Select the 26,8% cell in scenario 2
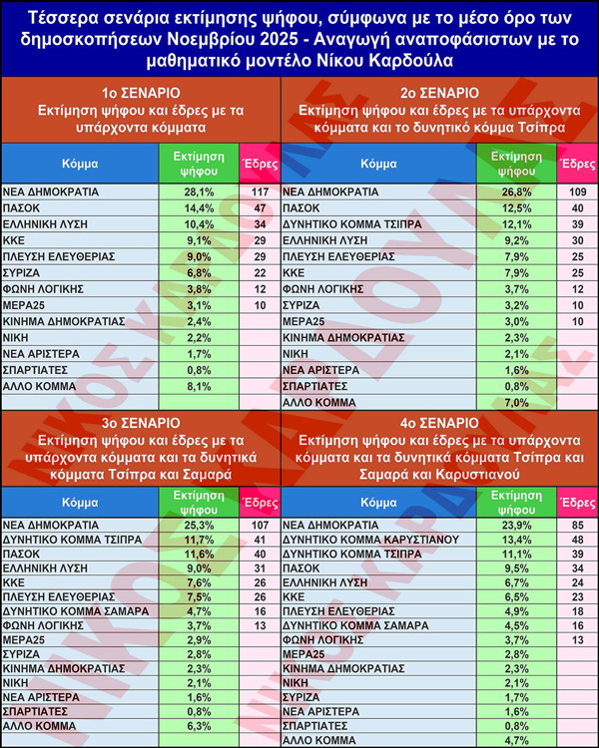516,191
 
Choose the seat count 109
576,191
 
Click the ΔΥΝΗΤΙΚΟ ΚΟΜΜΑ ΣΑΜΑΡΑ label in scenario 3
76,610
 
